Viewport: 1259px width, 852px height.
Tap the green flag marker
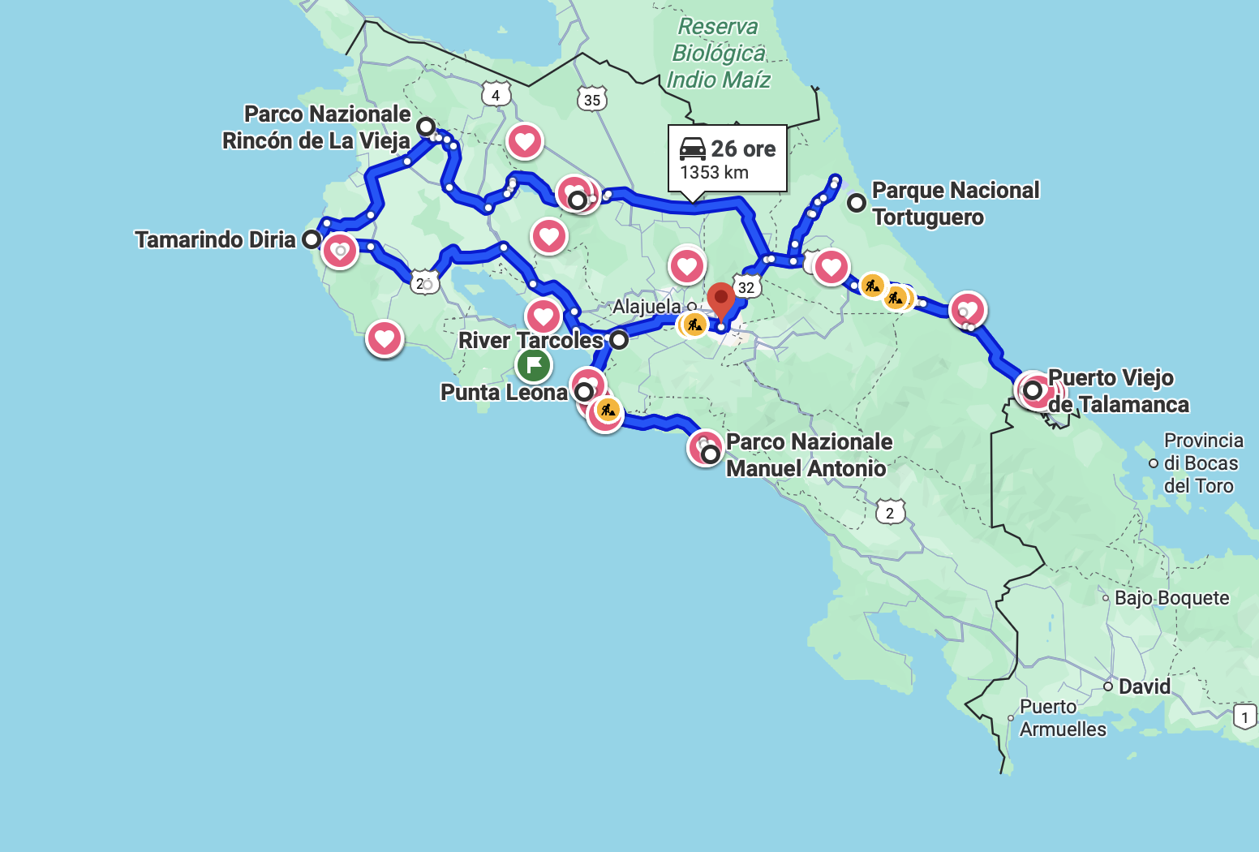tap(534, 365)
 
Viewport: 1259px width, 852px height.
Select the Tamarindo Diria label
tap(215, 239)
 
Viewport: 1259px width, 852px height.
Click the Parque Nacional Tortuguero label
tap(955, 204)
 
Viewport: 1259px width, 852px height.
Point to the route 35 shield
tap(592, 100)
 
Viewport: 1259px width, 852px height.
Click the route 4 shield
tap(496, 95)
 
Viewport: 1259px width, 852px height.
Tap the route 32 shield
tap(746, 287)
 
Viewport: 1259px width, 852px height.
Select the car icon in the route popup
tap(693, 148)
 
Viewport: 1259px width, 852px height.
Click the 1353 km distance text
tap(714, 173)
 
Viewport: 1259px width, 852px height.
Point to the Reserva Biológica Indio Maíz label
tap(718, 54)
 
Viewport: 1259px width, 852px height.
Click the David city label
tap(1144, 686)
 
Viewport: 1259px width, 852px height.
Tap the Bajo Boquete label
tap(1171, 598)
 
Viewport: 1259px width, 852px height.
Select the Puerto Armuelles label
tap(1062, 717)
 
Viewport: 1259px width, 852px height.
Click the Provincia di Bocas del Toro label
tap(1202, 463)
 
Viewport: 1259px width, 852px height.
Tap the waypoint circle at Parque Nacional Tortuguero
tap(856, 203)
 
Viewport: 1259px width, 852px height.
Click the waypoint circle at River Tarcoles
tap(619, 340)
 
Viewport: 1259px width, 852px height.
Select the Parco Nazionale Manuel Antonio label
tap(808, 455)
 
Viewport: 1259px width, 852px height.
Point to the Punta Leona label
tap(504, 393)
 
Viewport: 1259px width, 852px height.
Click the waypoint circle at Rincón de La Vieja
tap(426, 127)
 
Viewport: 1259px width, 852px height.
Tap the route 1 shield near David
tap(1245, 717)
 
